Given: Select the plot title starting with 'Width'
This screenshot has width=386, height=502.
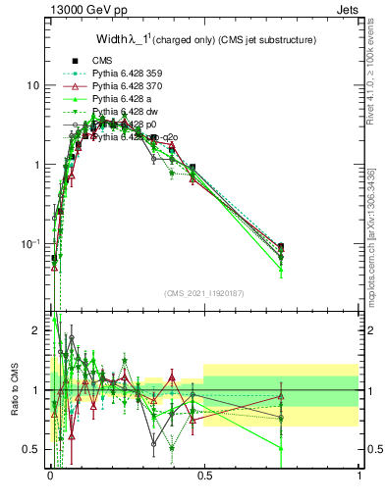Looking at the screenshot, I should (x=204, y=40).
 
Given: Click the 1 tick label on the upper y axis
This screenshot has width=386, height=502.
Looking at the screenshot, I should (x=36, y=165).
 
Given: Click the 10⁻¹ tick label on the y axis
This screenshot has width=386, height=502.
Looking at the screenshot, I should (x=30, y=243).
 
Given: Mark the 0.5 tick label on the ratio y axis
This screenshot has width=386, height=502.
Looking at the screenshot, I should (x=32, y=449).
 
